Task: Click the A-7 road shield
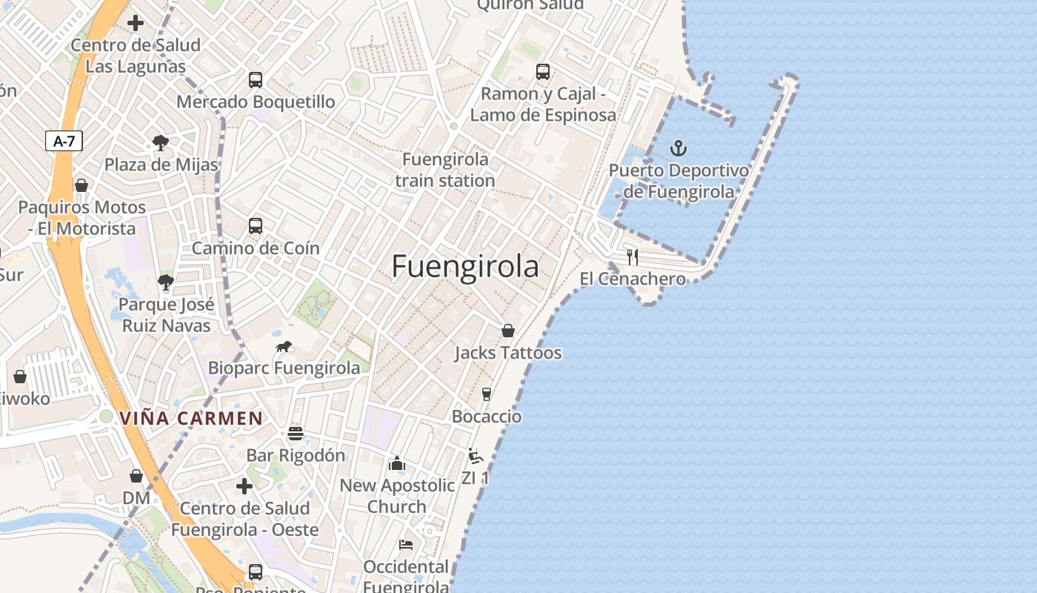(64, 141)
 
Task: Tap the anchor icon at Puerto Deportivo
(678, 148)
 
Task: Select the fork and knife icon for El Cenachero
(633, 257)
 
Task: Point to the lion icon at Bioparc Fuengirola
(284, 346)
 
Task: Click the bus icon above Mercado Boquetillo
(256, 80)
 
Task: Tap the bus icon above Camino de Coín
(256, 226)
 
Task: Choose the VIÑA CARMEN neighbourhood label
(191, 418)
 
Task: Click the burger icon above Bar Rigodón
(296, 433)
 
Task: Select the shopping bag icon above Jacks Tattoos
(508, 331)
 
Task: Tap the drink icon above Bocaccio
(487, 394)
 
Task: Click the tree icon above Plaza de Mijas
(161, 142)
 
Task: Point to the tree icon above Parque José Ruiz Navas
(166, 282)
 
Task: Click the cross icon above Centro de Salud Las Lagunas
(136, 23)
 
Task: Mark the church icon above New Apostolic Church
(397, 463)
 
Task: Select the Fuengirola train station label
(445, 170)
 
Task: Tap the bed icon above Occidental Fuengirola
(406, 545)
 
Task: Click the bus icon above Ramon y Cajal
(543, 72)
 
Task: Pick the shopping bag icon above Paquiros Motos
(81, 185)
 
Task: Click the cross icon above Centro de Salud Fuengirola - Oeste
(244, 486)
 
